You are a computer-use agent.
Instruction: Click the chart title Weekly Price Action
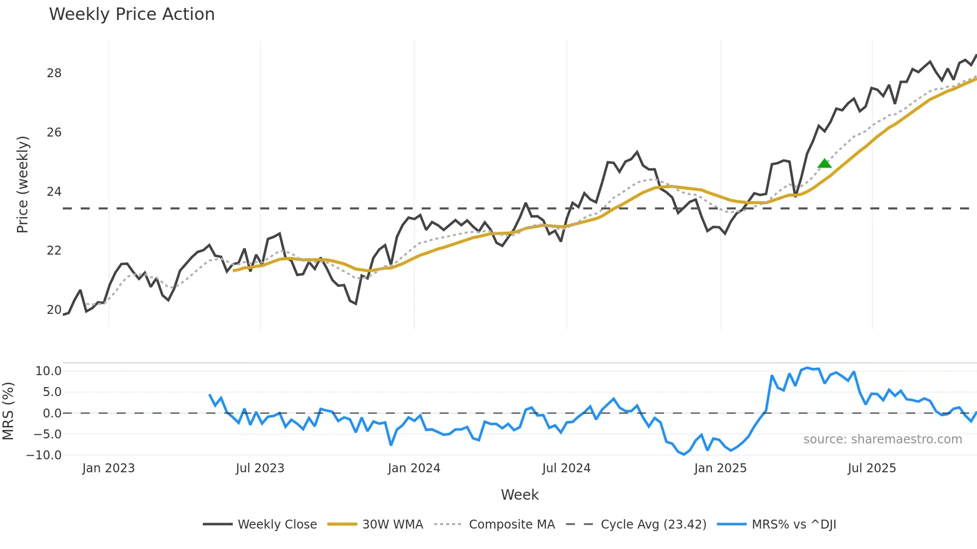pyautogui.click(x=132, y=14)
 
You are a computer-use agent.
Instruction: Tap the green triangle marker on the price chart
pyautogui.click(x=824, y=163)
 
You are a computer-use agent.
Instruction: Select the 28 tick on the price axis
pyautogui.click(x=54, y=73)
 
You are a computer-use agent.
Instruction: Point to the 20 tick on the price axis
pyautogui.click(x=54, y=310)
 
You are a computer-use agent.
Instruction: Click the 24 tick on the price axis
pyautogui.click(x=54, y=192)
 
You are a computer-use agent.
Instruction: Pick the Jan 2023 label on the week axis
pyautogui.click(x=108, y=468)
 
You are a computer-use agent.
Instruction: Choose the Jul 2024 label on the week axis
pyautogui.click(x=566, y=468)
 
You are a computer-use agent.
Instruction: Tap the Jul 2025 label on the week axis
pyautogui.click(x=872, y=468)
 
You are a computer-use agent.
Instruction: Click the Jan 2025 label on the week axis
pyautogui.click(x=720, y=468)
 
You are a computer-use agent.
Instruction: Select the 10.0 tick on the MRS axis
pyautogui.click(x=48, y=371)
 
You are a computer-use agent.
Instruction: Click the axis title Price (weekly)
pyautogui.click(x=22, y=184)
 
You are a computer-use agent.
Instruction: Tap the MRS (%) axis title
pyautogui.click(x=8, y=411)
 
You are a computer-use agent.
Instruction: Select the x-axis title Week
pyautogui.click(x=519, y=495)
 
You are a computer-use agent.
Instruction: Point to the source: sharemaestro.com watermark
pyautogui.click(x=882, y=439)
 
